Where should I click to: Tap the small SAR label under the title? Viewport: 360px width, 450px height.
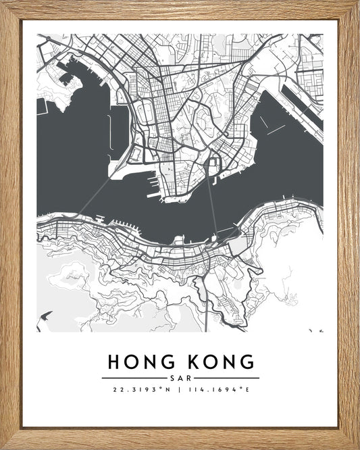pos(180,378)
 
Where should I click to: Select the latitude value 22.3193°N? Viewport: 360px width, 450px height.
pos(140,390)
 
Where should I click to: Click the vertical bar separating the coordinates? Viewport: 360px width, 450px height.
pos(179,390)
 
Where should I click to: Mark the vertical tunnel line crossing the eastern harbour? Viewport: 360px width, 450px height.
pos(212,203)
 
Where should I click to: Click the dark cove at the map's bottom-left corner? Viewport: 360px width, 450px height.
pos(45,316)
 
